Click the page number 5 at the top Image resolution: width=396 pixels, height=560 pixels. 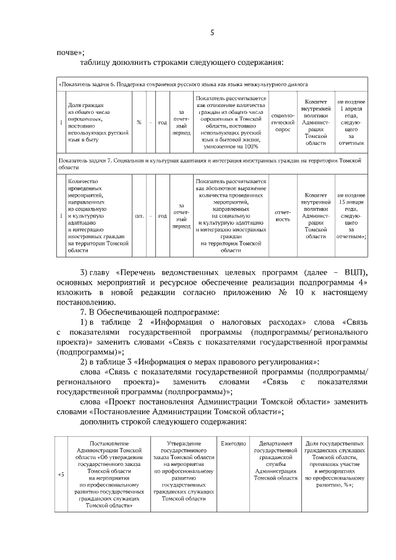click(x=212, y=33)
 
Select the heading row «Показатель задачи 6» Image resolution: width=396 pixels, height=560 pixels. click(x=167, y=84)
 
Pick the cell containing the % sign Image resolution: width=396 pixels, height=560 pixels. click(x=139, y=122)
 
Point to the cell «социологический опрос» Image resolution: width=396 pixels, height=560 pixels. click(x=282, y=122)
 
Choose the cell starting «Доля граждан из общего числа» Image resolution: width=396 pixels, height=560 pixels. click(x=97, y=122)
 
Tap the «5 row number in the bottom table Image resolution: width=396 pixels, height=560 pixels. click(x=61, y=475)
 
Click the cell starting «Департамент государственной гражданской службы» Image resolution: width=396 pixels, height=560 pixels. click(x=276, y=461)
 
